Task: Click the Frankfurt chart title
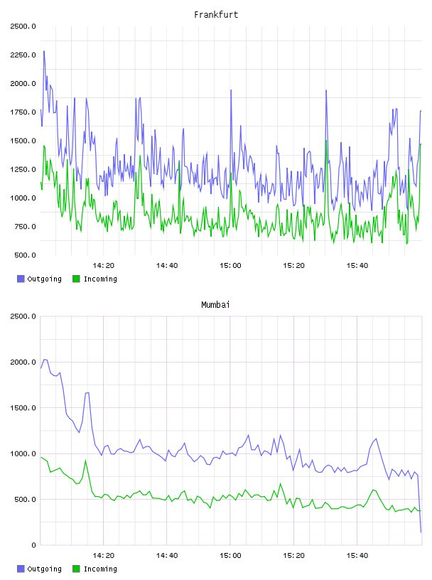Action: click(216, 15)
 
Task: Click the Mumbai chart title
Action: click(215, 305)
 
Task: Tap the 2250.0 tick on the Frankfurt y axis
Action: click(23, 55)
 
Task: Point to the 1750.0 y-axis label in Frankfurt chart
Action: click(23, 112)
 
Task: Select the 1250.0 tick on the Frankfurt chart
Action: click(23, 169)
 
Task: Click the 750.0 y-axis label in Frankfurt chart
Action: click(25, 227)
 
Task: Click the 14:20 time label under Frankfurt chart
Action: click(103, 266)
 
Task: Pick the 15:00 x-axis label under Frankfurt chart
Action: click(230, 266)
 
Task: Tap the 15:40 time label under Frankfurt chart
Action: click(357, 266)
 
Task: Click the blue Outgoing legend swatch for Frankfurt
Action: click(21, 279)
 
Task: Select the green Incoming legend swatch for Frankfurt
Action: click(76, 279)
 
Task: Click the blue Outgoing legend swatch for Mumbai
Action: click(21, 569)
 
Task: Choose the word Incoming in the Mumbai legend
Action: click(100, 569)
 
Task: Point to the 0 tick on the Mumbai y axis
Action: click(33, 545)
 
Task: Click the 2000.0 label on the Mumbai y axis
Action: click(23, 362)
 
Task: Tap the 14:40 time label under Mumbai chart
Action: click(167, 556)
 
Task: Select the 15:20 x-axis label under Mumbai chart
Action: click(293, 556)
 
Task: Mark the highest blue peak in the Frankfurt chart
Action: click(44, 51)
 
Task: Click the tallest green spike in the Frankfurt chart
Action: click(326, 141)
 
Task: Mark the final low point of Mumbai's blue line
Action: click(421, 532)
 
